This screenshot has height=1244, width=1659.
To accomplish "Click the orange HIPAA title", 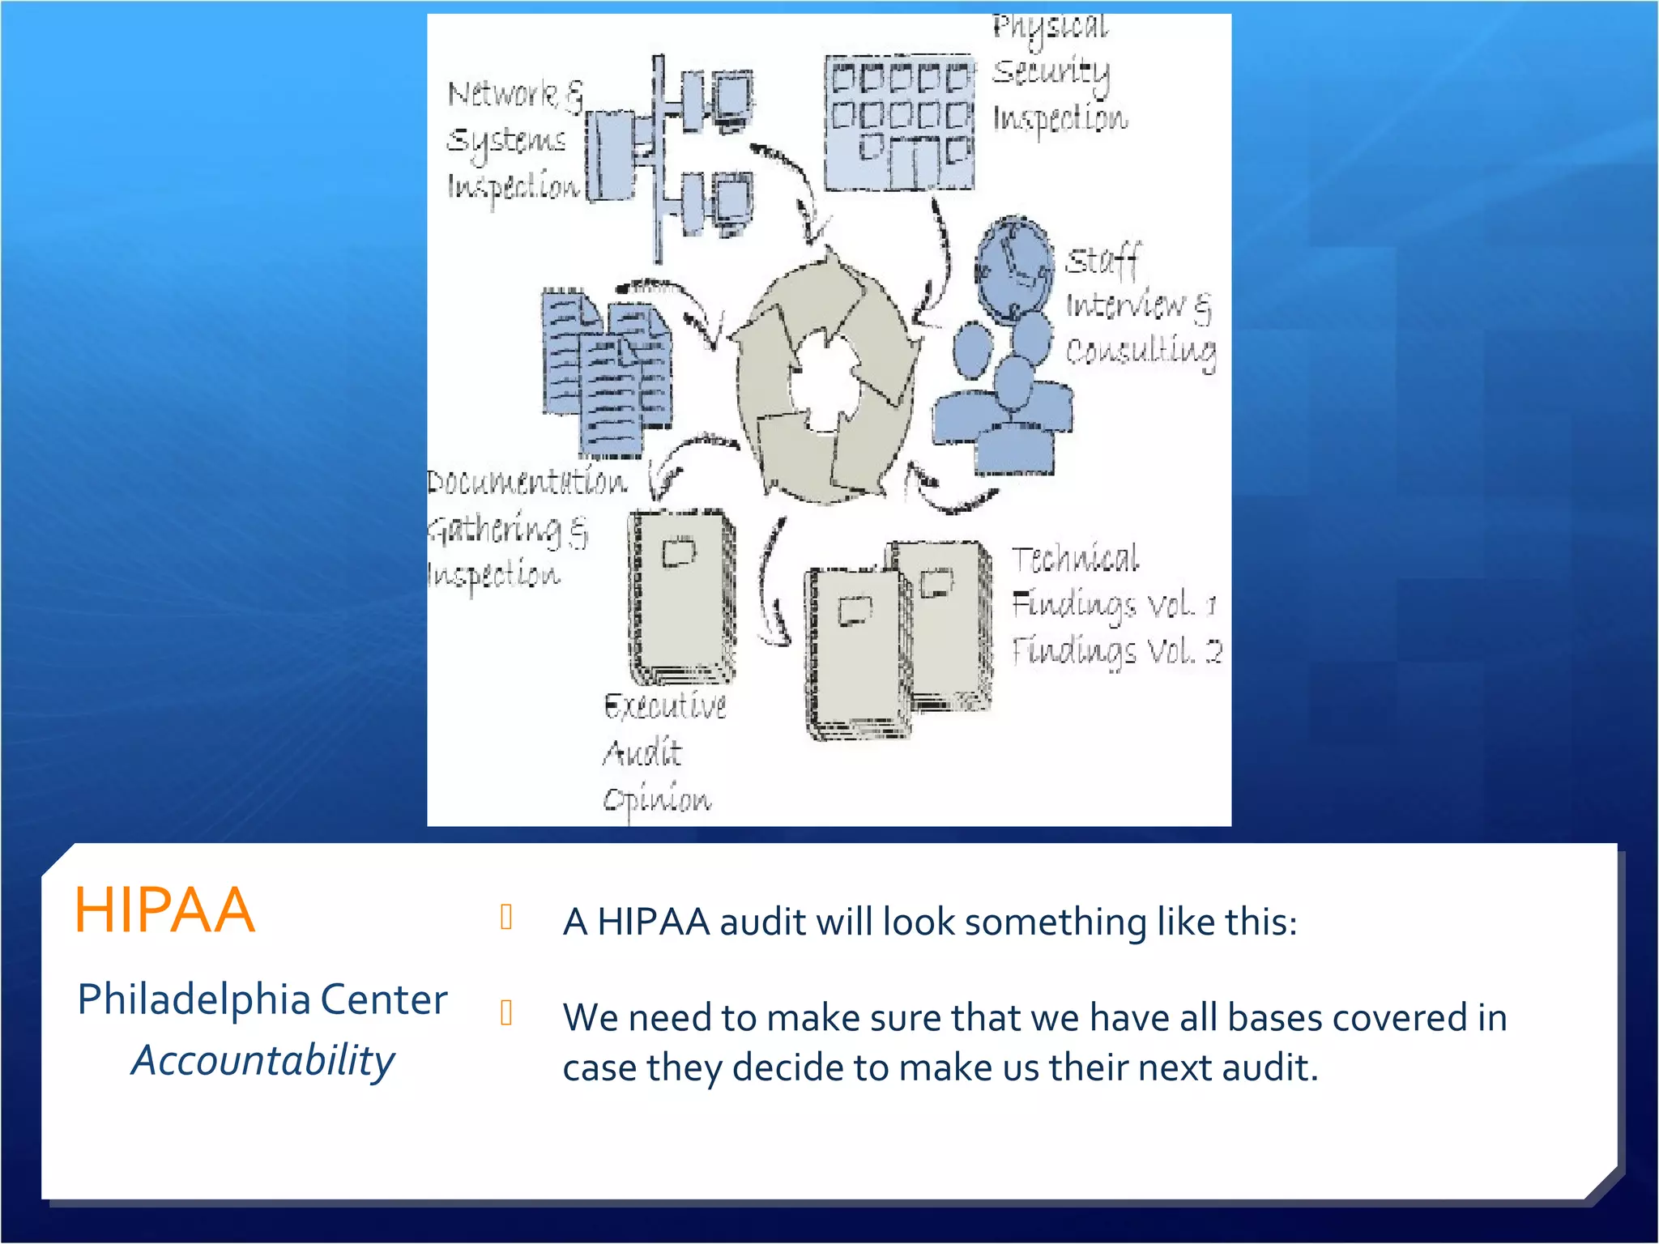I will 164,910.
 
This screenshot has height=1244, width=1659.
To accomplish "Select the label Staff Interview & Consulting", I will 1138,306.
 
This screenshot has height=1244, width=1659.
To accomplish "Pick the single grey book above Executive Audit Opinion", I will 682,595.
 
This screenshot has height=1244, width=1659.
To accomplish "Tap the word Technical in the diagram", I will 1075,559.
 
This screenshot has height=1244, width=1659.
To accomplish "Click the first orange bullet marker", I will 506,917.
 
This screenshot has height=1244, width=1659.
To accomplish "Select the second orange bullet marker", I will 506,1012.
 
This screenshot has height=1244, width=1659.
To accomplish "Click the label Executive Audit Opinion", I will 663,752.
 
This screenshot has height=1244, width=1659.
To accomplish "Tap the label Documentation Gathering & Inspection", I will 518,528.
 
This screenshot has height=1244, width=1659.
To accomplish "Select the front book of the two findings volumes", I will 856,652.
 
